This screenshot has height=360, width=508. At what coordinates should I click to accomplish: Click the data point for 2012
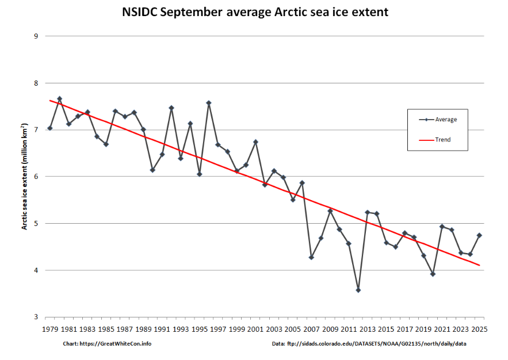358,290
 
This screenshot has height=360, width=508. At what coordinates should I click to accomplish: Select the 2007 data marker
311,258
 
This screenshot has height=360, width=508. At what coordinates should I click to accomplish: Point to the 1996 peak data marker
209,103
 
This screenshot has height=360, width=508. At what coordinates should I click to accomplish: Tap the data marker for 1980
59,99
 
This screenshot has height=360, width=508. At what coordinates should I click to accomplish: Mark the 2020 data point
433,274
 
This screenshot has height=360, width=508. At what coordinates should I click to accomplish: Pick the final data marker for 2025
479,235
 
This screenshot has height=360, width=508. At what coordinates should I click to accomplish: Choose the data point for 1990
152,170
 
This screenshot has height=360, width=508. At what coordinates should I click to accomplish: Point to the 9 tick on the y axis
36,36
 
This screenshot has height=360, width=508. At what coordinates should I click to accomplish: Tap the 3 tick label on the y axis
36,317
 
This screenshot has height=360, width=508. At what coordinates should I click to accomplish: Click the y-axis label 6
36,177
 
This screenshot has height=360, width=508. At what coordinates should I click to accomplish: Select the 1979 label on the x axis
50,330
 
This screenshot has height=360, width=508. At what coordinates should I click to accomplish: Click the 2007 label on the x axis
311,330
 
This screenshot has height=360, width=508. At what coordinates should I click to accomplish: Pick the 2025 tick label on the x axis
479,330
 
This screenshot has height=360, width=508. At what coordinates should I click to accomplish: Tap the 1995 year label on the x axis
199,330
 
